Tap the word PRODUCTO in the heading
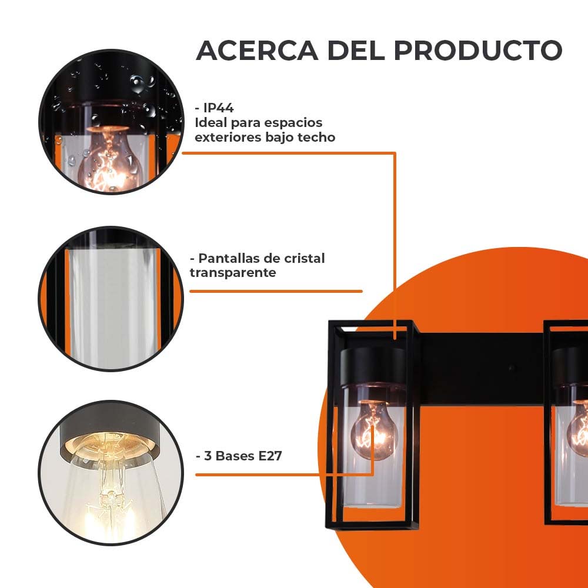[x=478, y=51]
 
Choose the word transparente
[x=233, y=273]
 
